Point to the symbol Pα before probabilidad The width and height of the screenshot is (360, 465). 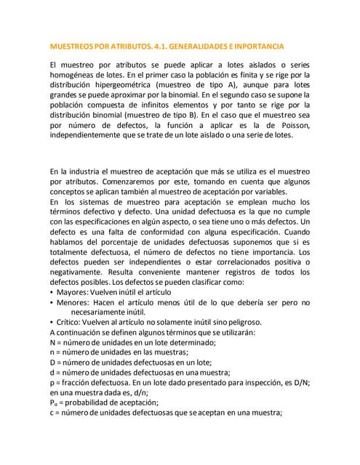54,403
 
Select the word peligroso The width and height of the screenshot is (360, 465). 238,322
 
